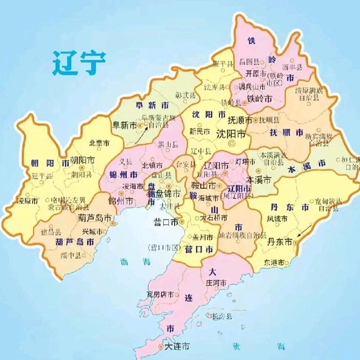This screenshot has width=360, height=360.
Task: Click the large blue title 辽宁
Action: click(79, 63)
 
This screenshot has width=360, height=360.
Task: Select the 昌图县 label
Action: click(250, 61)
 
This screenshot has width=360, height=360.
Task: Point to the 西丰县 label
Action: click(293, 66)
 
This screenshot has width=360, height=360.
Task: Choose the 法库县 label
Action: click(214, 87)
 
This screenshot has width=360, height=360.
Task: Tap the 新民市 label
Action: click(200, 131)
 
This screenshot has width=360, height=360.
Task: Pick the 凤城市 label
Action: click(278, 219)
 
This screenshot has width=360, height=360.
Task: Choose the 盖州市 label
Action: click(203, 237)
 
